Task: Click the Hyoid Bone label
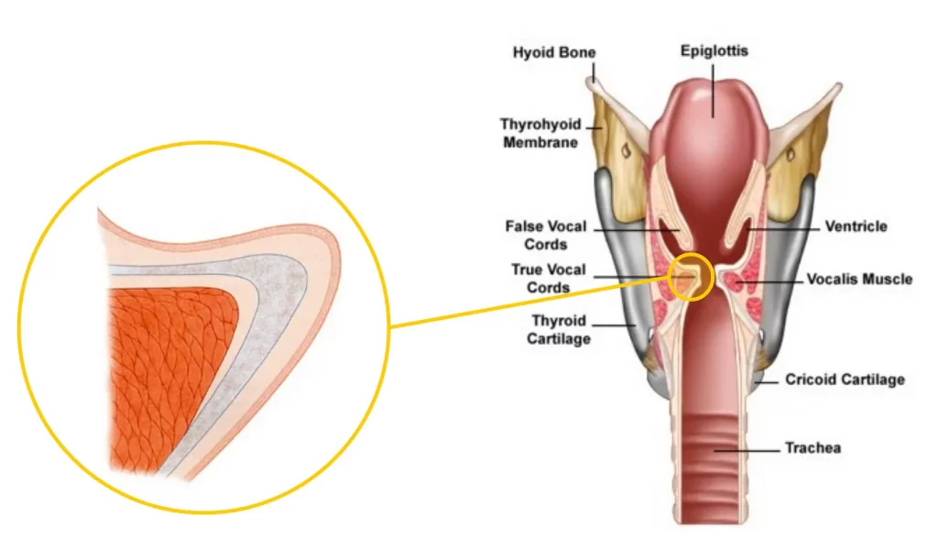click(x=553, y=54)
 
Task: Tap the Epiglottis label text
click(x=714, y=50)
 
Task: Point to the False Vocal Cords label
click(x=545, y=236)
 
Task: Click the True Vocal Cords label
click(x=548, y=279)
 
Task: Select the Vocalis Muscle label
click(x=858, y=279)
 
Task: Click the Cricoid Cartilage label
click(x=845, y=379)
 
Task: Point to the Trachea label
click(x=813, y=448)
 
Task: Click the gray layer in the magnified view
click(x=275, y=302)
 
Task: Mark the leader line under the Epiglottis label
click(x=714, y=87)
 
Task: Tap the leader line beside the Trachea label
click(x=747, y=449)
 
